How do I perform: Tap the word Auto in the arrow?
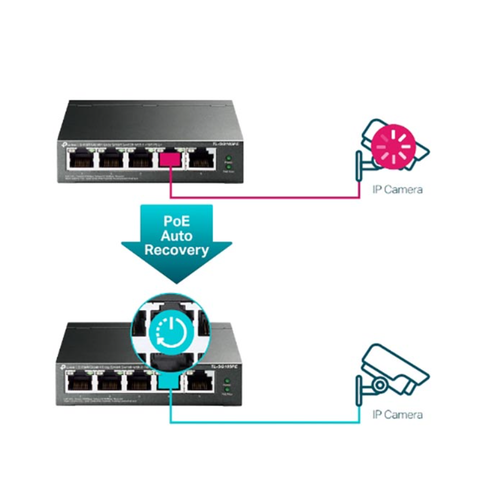pos(177,236)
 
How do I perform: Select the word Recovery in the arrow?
pos(177,250)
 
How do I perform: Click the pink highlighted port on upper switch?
pos(170,158)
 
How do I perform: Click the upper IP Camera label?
pos(397,189)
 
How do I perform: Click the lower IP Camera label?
pos(397,414)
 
